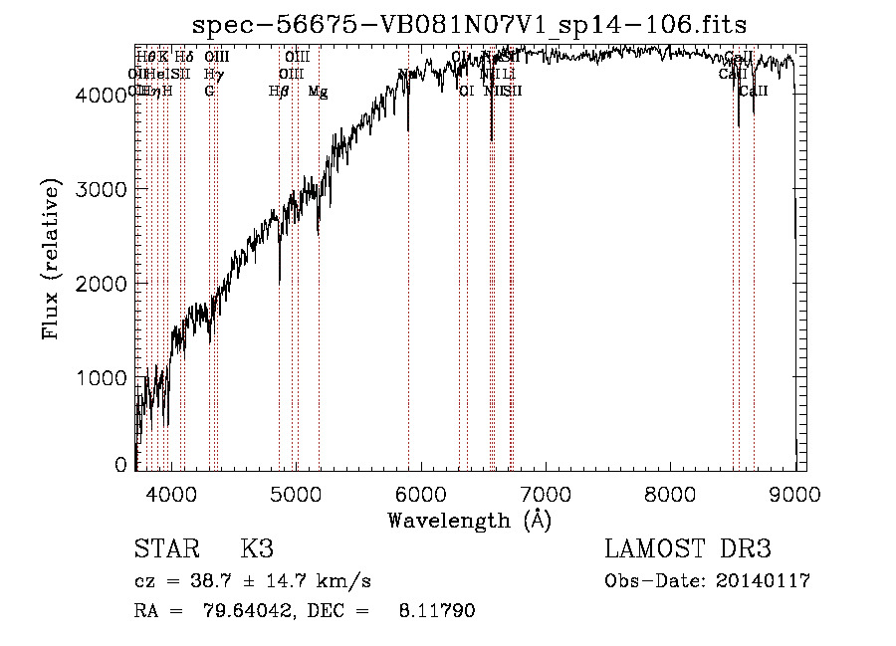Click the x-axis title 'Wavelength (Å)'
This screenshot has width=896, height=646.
click(x=469, y=520)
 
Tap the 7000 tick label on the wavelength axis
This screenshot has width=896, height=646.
click(x=546, y=495)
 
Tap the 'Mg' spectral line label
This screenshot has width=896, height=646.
click(x=318, y=92)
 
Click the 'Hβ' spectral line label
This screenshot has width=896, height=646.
click(x=279, y=92)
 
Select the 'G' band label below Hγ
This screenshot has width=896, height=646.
click(x=209, y=92)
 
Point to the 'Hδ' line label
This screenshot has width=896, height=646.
click(x=184, y=58)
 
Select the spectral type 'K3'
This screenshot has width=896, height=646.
click(x=257, y=549)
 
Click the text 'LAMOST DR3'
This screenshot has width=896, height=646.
click(x=688, y=549)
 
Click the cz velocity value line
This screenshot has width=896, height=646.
click(x=253, y=581)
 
